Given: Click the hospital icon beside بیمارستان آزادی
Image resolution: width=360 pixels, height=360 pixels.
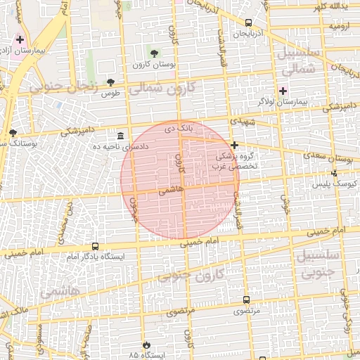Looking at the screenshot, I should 20,39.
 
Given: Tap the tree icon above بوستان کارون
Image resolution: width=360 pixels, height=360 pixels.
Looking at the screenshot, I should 154,53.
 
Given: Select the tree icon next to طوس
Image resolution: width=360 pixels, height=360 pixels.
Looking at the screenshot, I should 110,82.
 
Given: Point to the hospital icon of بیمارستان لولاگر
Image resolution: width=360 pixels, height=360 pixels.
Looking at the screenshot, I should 283,91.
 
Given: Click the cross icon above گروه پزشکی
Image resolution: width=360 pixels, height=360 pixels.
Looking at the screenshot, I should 234,144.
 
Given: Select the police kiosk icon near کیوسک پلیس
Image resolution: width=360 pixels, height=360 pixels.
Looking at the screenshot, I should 334,173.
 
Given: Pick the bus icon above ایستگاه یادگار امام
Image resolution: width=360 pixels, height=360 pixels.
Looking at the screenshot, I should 95,246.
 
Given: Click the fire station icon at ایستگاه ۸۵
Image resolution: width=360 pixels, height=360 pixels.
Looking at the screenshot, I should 146,345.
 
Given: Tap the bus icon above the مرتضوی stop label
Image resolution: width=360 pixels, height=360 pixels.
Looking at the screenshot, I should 246,300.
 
